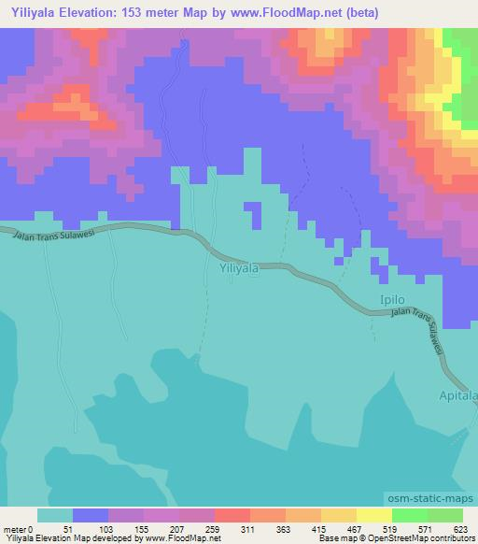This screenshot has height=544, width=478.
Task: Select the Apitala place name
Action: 457,396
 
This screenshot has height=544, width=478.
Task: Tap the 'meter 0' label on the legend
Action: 18,529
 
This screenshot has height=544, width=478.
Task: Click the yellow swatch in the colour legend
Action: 338,515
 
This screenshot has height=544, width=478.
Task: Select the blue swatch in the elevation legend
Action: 91,515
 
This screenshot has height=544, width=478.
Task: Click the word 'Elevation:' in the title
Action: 86,13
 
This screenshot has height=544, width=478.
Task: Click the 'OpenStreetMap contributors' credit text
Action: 421,538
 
